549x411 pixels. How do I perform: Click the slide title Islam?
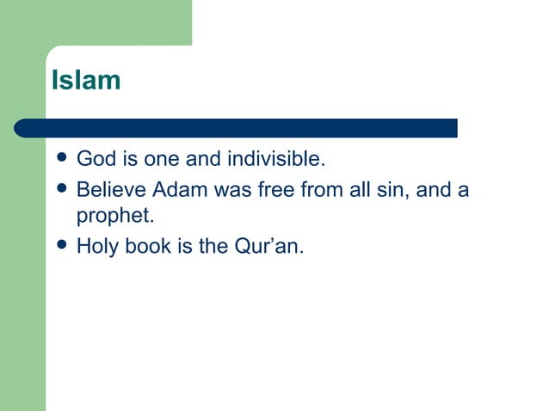(86, 81)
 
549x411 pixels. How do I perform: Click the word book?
(147, 248)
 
